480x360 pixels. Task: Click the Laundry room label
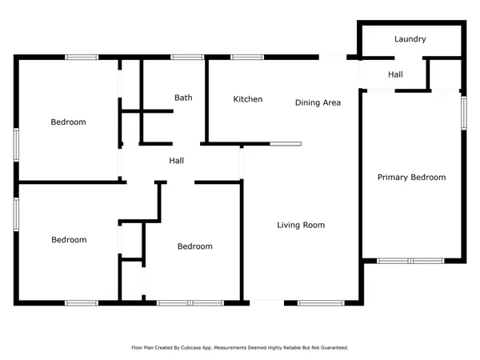pyautogui.click(x=410, y=39)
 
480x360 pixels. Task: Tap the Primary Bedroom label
pyautogui.click(x=411, y=178)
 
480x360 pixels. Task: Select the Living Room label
pyautogui.click(x=301, y=226)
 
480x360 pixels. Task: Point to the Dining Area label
pyautogui.click(x=318, y=102)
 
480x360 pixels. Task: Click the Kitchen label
pyautogui.click(x=247, y=99)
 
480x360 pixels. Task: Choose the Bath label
pyautogui.click(x=183, y=98)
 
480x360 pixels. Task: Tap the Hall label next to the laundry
pyautogui.click(x=395, y=74)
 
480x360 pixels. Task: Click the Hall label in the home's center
pyautogui.click(x=177, y=161)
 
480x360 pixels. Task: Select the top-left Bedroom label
pyautogui.click(x=68, y=122)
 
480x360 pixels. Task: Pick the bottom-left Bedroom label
pyautogui.click(x=69, y=240)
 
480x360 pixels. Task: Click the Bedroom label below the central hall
pyautogui.click(x=194, y=246)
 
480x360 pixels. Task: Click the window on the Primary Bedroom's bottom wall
pyautogui.click(x=410, y=261)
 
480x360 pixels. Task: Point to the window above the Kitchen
pyautogui.click(x=247, y=57)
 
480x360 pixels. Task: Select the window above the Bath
pyautogui.click(x=187, y=57)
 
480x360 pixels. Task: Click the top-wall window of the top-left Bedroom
pyautogui.click(x=82, y=57)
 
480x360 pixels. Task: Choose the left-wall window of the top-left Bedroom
pyautogui.click(x=15, y=144)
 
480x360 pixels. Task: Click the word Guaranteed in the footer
pyautogui.click(x=335, y=348)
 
